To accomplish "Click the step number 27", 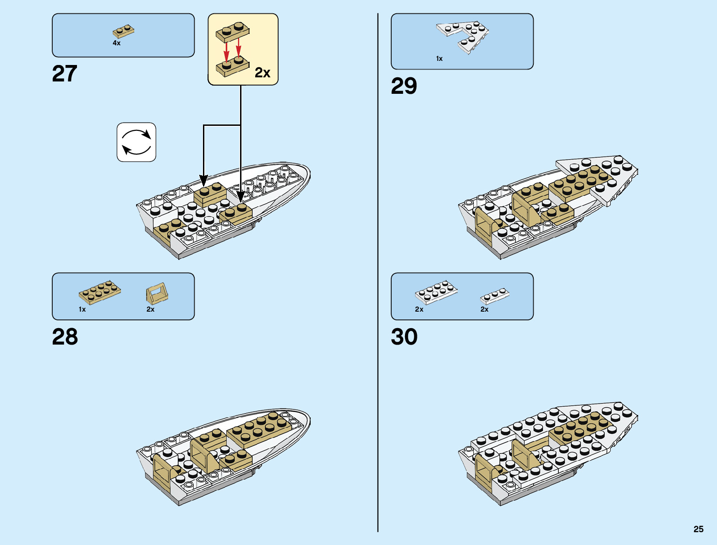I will [x=65, y=74].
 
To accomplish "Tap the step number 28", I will [x=65, y=337].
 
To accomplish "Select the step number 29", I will [x=404, y=86].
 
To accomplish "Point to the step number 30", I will [x=404, y=337].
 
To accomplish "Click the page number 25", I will [x=698, y=529].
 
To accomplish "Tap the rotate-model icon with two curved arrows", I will [x=137, y=142].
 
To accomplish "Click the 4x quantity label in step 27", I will [x=117, y=43].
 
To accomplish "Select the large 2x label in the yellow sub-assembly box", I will [x=263, y=73].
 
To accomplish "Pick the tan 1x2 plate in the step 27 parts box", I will [x=123, y=31].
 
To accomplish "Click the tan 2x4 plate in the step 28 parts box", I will [x=100, y=292].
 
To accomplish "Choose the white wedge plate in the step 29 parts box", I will [x=463, y=36].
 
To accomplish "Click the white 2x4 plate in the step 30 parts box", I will [x=436, y=291].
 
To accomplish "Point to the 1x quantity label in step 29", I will [x=439, y=59].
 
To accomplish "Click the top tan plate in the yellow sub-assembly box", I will [x=233, y=31].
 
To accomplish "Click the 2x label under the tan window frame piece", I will [x=150, y=309].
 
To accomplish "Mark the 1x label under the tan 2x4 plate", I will [x=82, y=309].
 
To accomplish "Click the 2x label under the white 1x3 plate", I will [x=484, y=309].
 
